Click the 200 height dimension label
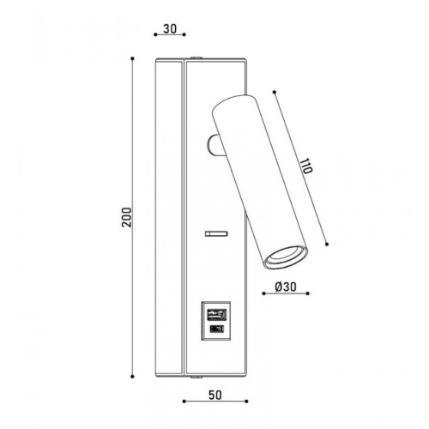pyautogui.click(x=126, y=217)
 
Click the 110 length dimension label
pyautogui.click(x=305, y=166)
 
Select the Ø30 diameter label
pyautogui.click(x=286, y=287)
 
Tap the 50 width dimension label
pyautogui.click(x=215, y=396)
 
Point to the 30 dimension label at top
pyautogui.click(x=170, y=28)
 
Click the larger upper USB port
pyautogui.click(x=216, y=316)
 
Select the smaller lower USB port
pyautogui.click(x=216, y=329)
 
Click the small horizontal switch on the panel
pyautogui.click(x=216, y=233)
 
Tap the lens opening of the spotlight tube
pyautogui.click(x=286, y=257)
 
